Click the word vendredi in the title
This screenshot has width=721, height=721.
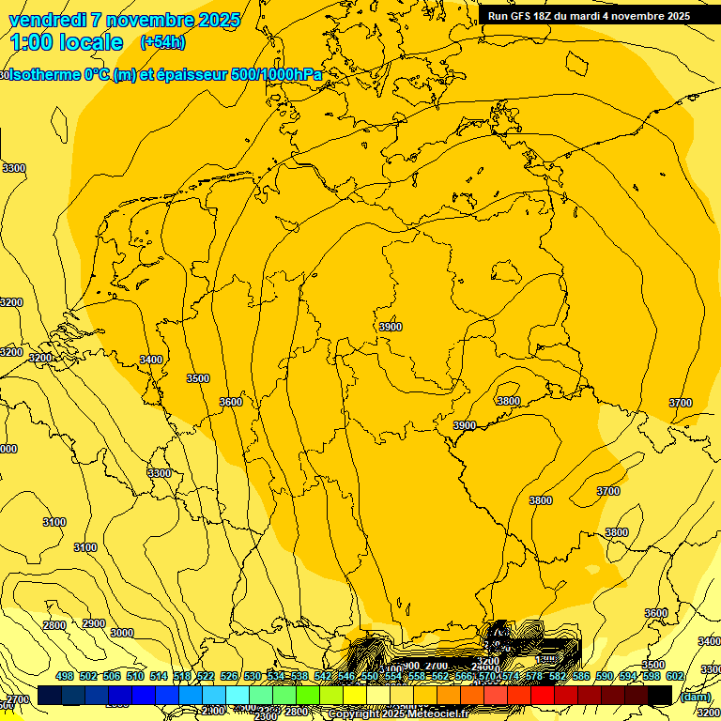(x=47, y=20)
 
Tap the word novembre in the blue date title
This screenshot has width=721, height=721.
(x=151, y=20)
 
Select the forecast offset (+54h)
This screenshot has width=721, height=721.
(x=162, y=42)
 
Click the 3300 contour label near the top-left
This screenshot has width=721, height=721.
(x=14, y=168)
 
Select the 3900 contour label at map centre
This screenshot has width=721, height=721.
(x=391, y=327)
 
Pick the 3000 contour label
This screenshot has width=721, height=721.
(x=122, y=633)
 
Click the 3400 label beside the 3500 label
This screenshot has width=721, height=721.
(x=150, y=360)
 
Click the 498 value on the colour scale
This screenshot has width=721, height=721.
(x=65, y=676)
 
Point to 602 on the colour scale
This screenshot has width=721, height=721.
(x=675, y=676)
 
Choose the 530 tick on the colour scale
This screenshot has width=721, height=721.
(x=253, y=676)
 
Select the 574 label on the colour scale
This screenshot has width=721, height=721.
(x=511, y=676)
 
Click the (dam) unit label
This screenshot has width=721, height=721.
(x=695, y=697)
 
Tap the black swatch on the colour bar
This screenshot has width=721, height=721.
(x=660, y=695)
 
